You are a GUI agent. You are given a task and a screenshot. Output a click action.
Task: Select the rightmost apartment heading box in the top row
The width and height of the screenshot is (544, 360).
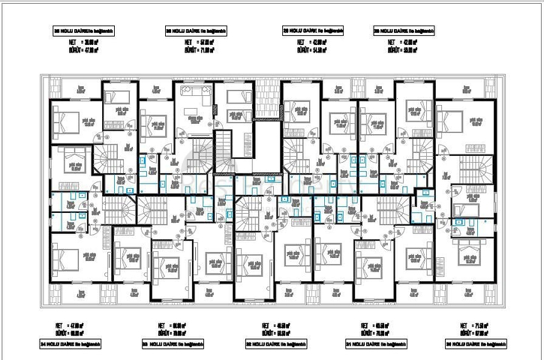tap(403, 31)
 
